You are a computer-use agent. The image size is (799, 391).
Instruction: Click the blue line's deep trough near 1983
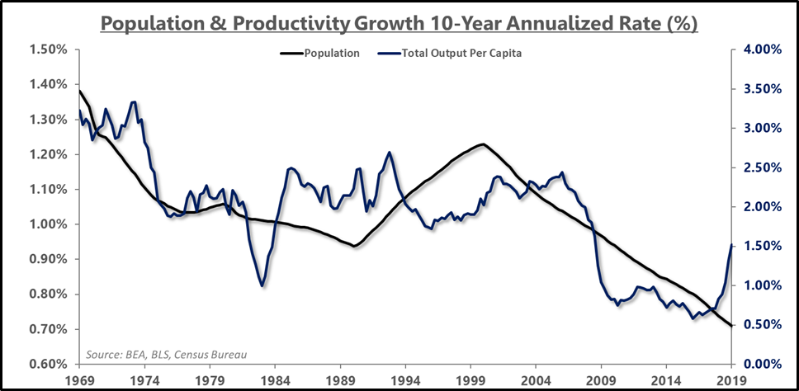pyautogui.click(x=262, y=285)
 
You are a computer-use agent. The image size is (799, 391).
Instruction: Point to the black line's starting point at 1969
pyautogui.click(x=79, y=91)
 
